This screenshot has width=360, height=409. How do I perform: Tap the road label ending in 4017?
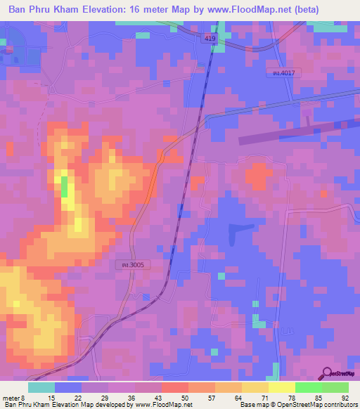pyautogui.click(x=283, y=72)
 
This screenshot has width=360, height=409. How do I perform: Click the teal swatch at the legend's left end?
pyautogui.click(x=41, y=387)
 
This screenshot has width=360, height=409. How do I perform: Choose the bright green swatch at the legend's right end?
pyautogui.click(x=335, y=387)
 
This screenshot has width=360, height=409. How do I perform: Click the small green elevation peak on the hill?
pyautogui.click(x=65, y=187)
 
